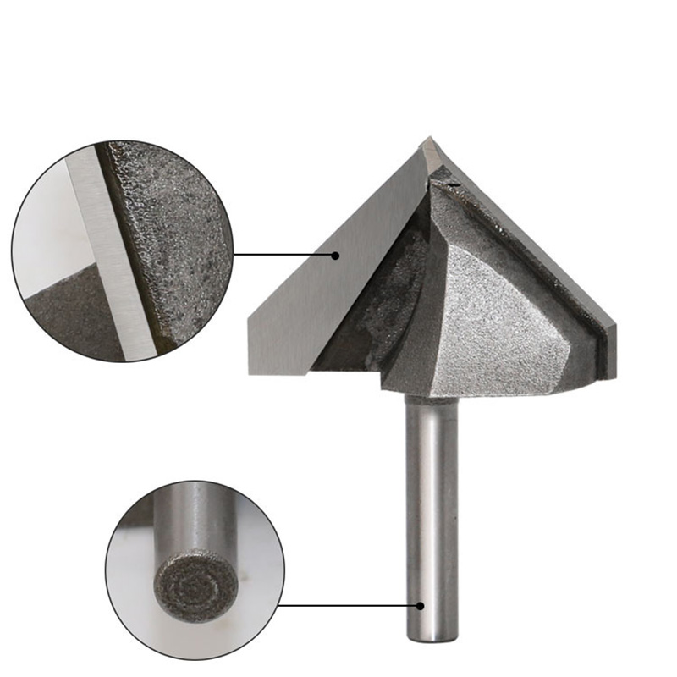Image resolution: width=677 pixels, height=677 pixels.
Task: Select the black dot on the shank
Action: point(420,605)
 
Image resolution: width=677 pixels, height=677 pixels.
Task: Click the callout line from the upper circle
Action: point(283,254)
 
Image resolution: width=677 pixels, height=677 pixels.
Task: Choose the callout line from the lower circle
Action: point(347,605)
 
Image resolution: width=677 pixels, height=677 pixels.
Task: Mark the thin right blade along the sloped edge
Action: point(542,254)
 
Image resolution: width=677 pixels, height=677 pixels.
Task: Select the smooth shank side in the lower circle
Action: point(195,516)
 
